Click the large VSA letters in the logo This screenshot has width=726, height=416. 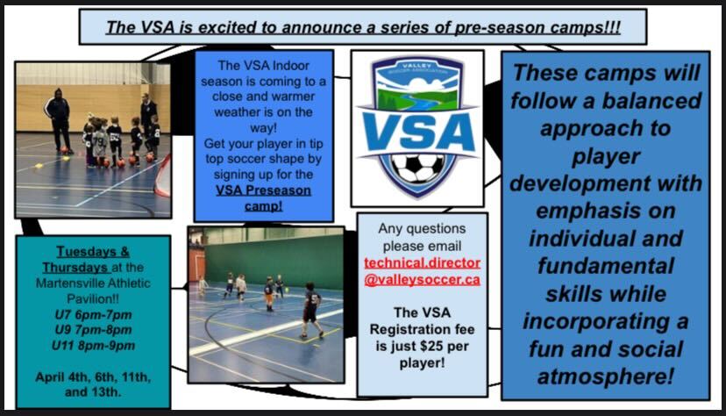418,133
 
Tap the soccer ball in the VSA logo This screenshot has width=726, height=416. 417,169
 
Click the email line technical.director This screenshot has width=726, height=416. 423,262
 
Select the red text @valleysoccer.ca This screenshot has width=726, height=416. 423,280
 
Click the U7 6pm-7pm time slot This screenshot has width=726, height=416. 94,315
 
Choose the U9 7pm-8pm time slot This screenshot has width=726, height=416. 94,330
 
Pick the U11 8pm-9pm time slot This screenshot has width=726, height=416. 94,346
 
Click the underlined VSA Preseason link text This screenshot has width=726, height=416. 263,190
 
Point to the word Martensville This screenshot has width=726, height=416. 64,283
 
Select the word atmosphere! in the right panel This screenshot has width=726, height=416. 605,377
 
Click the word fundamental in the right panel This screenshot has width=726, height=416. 606,267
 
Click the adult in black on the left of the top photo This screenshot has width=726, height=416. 59,120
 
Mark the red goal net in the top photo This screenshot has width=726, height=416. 163,176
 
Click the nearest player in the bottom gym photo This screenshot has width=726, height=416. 310,310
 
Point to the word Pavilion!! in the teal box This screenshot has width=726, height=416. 93,298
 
